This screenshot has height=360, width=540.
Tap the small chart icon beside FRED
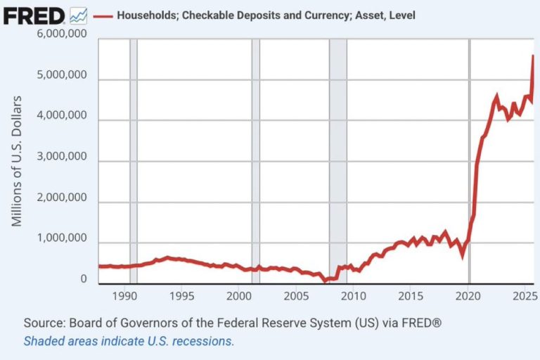pos(79,14)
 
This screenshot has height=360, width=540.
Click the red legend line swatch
pos(103,15)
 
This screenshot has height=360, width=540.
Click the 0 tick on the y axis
pos(83,279)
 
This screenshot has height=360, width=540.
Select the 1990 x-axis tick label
pos(124,295)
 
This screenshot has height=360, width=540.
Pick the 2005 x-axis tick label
pos(295,295)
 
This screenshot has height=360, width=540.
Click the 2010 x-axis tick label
pos(352,295)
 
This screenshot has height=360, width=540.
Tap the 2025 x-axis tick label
pos(522,295)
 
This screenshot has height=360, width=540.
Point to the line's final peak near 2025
pos(533,56)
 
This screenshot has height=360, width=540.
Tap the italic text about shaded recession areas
pos(129,341)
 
